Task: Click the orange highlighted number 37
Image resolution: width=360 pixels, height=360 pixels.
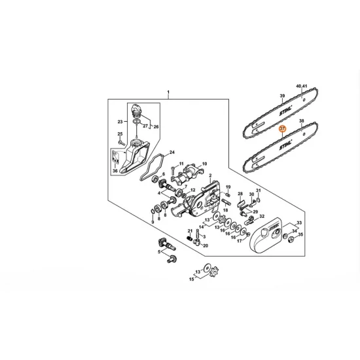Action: [282, 129]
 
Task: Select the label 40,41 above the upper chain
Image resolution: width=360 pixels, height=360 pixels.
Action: [301, 86]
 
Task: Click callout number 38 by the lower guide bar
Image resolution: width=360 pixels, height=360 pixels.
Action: [302, 122]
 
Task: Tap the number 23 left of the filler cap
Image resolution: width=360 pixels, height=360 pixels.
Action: [120, 122]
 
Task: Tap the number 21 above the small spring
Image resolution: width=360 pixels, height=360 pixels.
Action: [190, 231]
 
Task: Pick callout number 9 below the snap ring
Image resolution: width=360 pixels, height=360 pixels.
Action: [153, 221]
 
